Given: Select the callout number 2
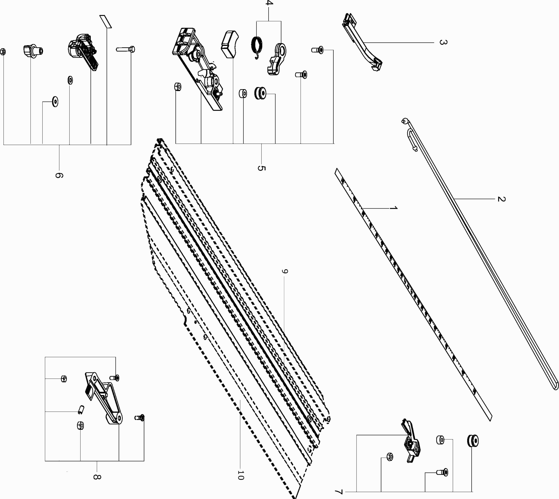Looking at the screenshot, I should [501, 199].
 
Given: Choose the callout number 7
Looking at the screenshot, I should [339, 492].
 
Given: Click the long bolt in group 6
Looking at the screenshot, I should [125, 49].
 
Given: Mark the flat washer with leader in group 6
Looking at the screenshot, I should [55, 101].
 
